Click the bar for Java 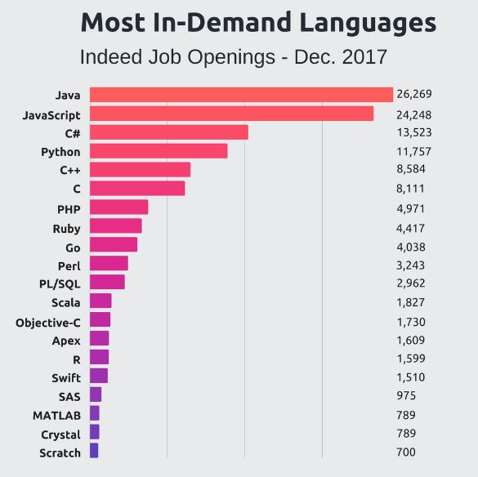(241, 95)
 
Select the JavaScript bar (231, 114)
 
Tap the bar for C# (168, 132)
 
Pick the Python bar (158, 151)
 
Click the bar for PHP (118, 207)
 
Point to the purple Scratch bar (93, 451)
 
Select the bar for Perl (109, 263)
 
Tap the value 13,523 (413, 132)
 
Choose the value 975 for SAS (406, 396)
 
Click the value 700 (406, 452)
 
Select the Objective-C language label (48, 323)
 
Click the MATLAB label (56, 416)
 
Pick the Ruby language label (66, 229)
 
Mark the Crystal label (60, 435)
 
